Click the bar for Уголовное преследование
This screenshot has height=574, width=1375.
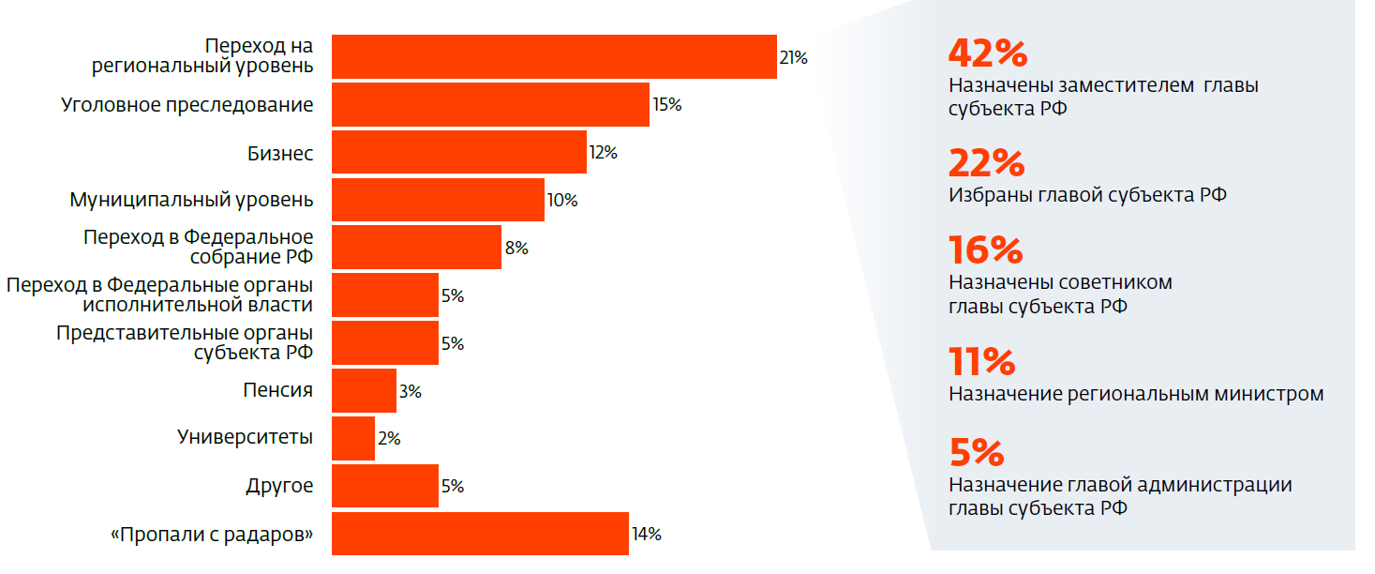coord(490,105)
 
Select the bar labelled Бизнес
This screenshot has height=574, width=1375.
coord(459,153)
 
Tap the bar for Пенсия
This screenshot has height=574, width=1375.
coord(364,391)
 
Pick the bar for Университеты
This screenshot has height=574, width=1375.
coord(353,439)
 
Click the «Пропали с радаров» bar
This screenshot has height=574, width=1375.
coord(480,535)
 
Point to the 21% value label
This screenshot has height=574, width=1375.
coord(793,57)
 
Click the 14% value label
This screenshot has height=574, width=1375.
coord(647,535)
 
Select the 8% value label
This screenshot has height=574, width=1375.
coord(516,249)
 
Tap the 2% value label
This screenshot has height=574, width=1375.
coord(389,439)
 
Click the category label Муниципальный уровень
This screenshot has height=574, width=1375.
coord(191,201)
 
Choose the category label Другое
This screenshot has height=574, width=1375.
coord(279,487)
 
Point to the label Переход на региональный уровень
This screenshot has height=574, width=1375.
coord(202,56)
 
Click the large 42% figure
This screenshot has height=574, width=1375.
coord(988,53)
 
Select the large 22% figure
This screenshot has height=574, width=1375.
coord(987,164)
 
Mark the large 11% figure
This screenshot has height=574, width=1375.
coord(982,362)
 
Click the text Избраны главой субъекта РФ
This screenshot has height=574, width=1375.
coord(1087,195)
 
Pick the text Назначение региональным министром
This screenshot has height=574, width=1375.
coord(1136,394)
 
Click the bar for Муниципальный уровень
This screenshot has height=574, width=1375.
coord(438,201)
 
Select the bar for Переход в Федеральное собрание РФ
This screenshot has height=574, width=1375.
coord(416,249)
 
